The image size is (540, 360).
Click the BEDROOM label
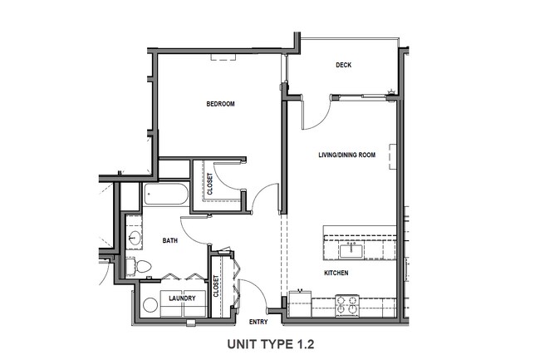pos(221,104)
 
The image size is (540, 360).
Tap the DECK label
pos(346,66)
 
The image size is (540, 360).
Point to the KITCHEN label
pos(336,274)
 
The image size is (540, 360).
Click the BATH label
pos(169,241)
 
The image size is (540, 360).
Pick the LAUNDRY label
pos(181,298)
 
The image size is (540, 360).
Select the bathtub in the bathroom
pos(165,196)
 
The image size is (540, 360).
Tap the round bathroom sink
pos(134,239)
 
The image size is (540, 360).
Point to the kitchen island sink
pos(348,249)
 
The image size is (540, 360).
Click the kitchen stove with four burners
pos(347,305)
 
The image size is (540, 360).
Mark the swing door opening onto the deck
pos(317,113)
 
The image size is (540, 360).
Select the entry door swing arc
pos(254,290)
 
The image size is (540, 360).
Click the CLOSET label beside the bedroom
pos(209,183)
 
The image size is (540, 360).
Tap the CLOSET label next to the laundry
pos(216,287)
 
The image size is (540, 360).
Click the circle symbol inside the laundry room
pos(150,304)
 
